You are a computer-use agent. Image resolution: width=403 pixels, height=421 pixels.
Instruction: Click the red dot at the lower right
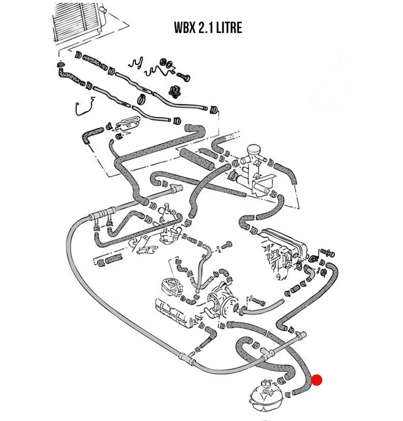coord(316,380)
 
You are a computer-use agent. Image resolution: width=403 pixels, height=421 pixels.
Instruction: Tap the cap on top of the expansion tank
coord(266,382)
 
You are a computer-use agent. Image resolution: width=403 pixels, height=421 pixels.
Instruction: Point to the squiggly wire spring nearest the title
coord(139,65)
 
